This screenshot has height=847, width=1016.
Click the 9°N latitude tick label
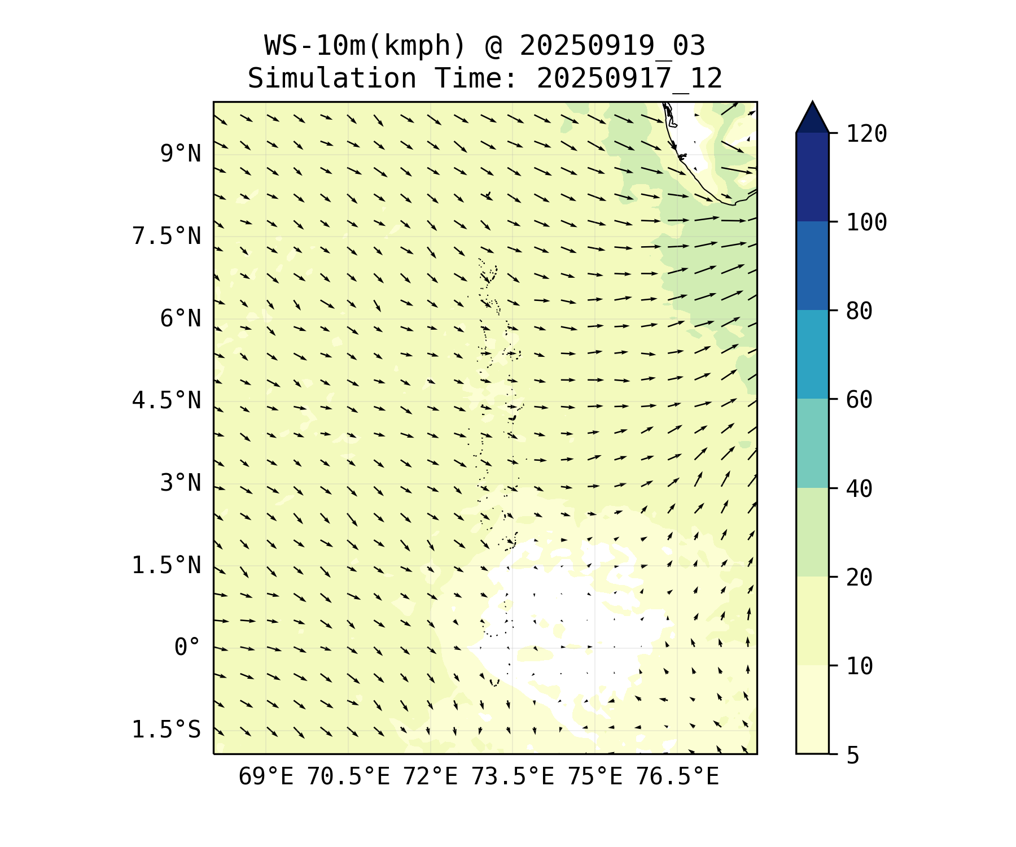click(x=180, y=154)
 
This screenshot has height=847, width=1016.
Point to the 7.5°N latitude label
click(x=166, y=236)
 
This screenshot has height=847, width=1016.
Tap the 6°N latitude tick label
click(x=180, y=318)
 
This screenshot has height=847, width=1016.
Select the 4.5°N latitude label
click(x=166, y=401)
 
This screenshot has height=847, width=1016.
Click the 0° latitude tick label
click(x=187, y=648)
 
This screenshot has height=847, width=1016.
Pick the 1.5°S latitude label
click(x=166, y=730)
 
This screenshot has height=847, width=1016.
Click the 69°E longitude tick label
click(x=266, y=777)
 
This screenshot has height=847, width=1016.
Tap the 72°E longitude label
click(x=430, y=777)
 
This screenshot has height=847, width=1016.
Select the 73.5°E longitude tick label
click(x=513, y=777)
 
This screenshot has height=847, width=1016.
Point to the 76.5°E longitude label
click(x=677, y=777)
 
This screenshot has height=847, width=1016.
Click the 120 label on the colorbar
click(x=866, y=134)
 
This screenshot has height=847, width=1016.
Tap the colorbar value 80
click(x=859, y=311)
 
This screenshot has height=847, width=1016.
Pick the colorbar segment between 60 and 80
click(x=812, y=355)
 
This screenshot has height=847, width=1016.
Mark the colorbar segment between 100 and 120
click(x=812, y=177)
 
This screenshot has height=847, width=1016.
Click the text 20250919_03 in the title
click(x=612, y=46)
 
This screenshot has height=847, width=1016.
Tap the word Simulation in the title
click(x=332, y=79)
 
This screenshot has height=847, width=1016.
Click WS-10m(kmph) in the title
click(x=365, y=46)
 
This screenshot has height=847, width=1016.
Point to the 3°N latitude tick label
click(x=180, y=483)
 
